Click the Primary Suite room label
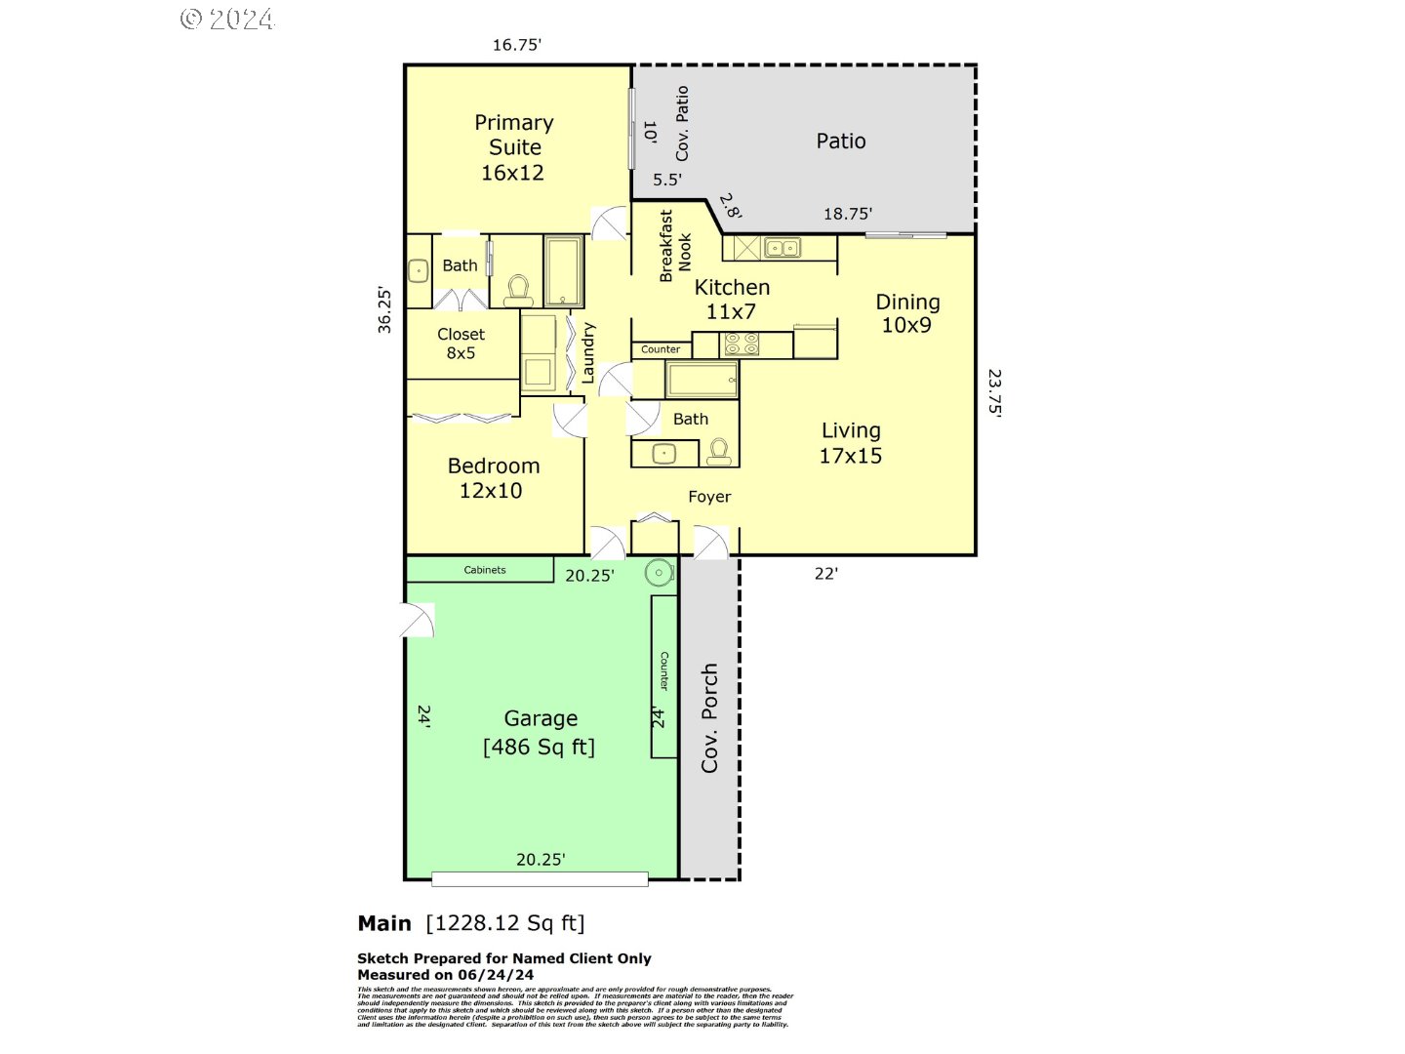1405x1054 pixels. pyautogui.click(x=513, y=147)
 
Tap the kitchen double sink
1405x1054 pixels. pyautogui.click(x=782, y=248)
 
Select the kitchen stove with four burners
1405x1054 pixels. pyautogui.click(x=741, y=345)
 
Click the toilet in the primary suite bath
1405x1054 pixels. pyautogui.click(x=518, y=290)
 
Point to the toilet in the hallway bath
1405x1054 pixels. pyautogui.click(x=719, y=452)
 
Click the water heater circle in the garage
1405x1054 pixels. pyautogui.click(x=660, y=573)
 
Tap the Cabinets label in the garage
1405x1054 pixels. pyautogui.click(x=484, y=570)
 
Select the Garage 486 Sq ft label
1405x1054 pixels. pyautogui.click(x=540, y=732)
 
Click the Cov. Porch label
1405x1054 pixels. pyautogui.click(x=709, y=718)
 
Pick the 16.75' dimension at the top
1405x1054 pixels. pyautogui.click(x=516, y=45)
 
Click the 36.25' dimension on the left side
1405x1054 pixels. pyautogui.click(x=384, y=310)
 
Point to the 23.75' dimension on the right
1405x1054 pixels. pyautogui.click(x=994, y=391)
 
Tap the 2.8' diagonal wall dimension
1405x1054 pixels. pyautogui.click(x=731, y=207)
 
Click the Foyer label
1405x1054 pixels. pyautogui.click(x=709, y=497)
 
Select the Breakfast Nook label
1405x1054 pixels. pyautogui.click(x=675, y=247)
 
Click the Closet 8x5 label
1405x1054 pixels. pyautogui.click(x=461, y=344)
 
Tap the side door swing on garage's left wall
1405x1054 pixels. pyautogui.click(x=420, y=620)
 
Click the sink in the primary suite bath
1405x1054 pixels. pyautogui.click(x=418, y=270)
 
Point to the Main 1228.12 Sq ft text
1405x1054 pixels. pyautogui.click(x=471, y=923)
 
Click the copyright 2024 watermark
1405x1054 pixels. pyautogui.click(x=227, y=20)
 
